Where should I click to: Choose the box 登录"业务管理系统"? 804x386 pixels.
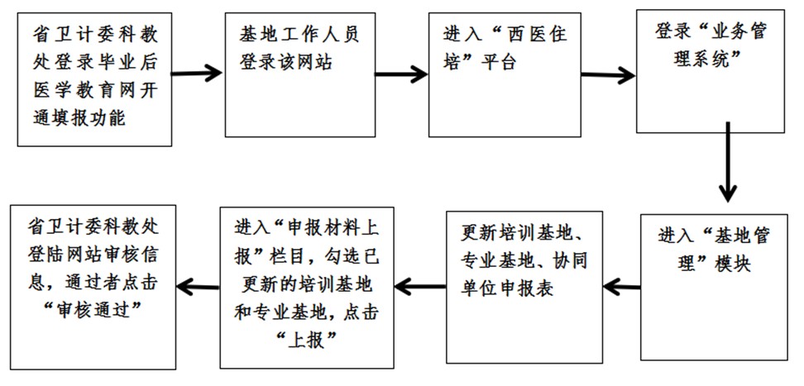point(709,70)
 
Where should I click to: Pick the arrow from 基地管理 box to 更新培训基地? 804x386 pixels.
point(620,286)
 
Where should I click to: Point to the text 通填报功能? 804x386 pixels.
point(78,117)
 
